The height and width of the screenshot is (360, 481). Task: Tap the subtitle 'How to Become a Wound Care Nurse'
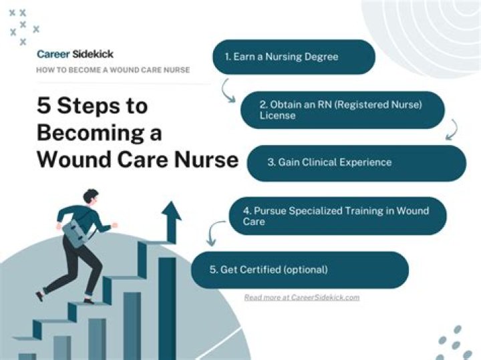click(x=113, y=69)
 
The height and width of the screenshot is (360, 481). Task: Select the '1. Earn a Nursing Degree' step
click(x=293, y=57)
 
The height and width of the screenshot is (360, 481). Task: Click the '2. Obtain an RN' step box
click(x=342, y=110)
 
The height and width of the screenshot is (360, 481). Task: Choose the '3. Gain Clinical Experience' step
click(x=356, y=162)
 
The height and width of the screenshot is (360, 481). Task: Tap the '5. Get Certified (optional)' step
click(x=299, y=270)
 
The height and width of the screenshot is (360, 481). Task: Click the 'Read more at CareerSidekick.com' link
click(x=301, y=297)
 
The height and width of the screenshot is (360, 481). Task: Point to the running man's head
click(x=91, y=198)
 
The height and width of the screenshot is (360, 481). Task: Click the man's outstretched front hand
click(x=114, y=225)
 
